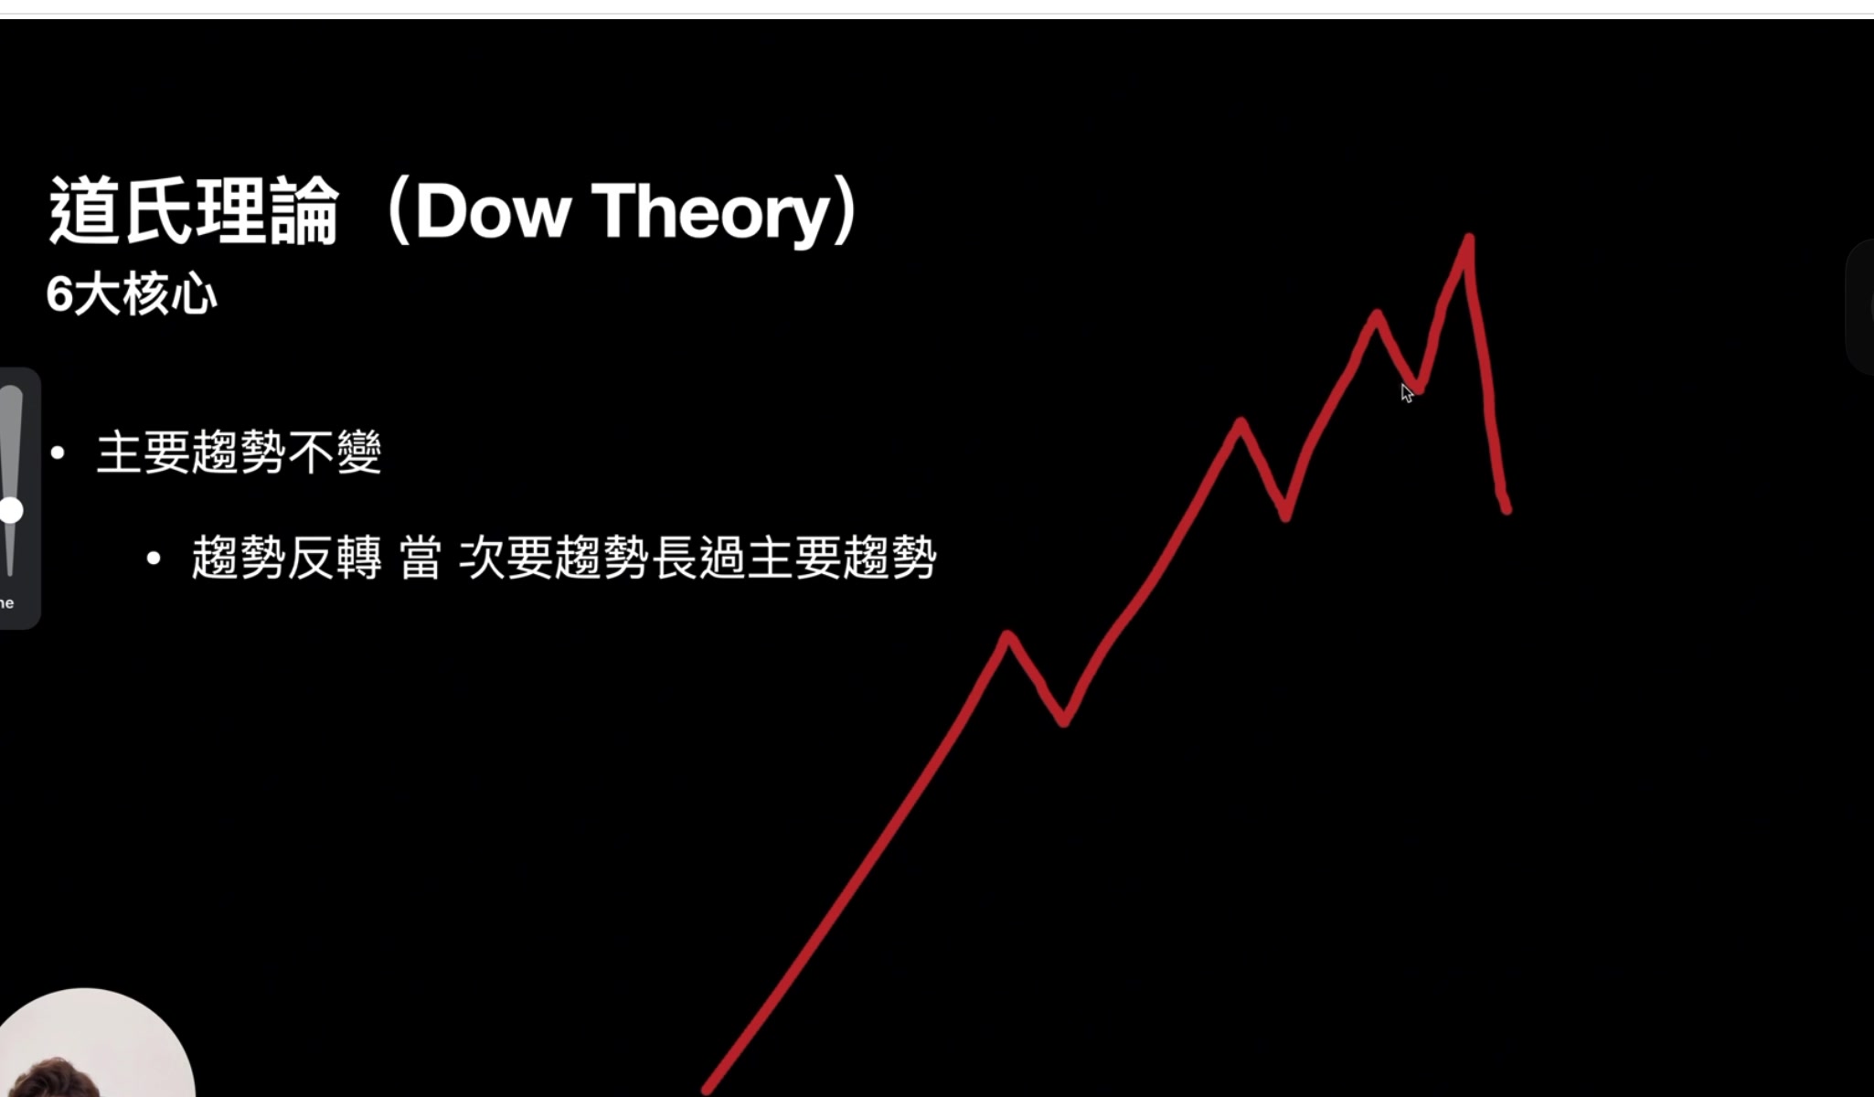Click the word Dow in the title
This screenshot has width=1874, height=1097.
[493, 211]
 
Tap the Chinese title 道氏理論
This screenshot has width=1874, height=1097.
[193, 211]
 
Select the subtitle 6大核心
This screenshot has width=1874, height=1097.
[132, 294]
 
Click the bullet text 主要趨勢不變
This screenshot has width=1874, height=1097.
[239, 452]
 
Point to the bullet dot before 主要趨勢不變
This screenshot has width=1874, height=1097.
[59, 452]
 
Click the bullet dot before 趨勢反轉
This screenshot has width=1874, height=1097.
[154, 558]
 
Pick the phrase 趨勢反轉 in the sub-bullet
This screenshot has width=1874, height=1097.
[286, 558]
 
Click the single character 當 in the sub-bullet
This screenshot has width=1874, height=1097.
[421, 558]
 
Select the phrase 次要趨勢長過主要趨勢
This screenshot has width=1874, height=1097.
[697, 558]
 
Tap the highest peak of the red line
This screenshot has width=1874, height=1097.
[1468, 239]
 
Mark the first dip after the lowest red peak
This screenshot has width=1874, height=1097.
[1063, 722]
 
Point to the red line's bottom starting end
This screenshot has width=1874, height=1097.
[707, 1089]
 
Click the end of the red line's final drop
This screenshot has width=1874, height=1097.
[1507, 509]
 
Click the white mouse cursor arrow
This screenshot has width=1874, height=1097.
[1406, 393]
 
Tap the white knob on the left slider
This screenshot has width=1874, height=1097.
[11, 510]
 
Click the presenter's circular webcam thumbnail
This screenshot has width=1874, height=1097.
[96, 1043]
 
